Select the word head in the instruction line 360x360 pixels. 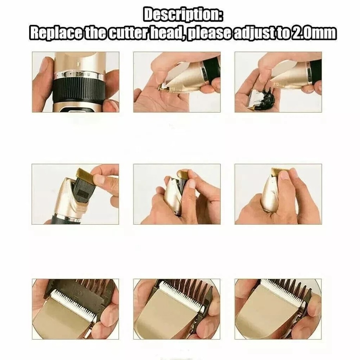tap(170, 33)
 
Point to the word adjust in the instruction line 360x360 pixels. tap(255, 33)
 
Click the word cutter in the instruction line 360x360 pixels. tap(126, 33)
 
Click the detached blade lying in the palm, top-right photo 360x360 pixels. tap(257, 97)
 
